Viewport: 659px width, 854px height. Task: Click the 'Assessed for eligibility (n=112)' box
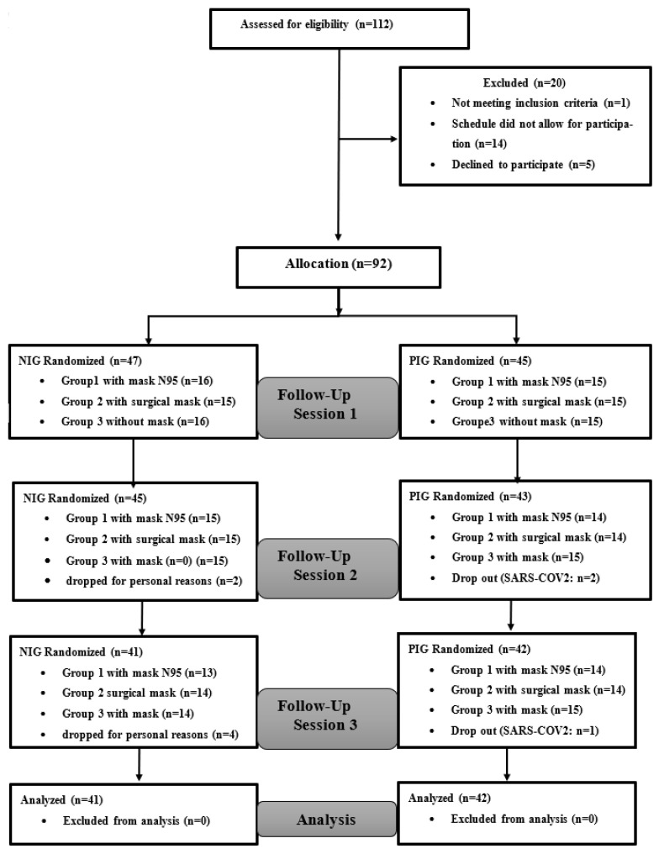[340, 29]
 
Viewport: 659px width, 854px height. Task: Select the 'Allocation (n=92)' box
[338, 267]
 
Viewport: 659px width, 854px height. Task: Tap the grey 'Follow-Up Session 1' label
[328, 408]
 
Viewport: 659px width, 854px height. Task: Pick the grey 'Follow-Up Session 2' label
[328, 568]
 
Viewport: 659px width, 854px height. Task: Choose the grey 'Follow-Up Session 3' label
[328, 719]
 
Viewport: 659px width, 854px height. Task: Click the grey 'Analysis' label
[327, 820]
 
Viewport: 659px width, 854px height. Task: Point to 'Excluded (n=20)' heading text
[524, 82]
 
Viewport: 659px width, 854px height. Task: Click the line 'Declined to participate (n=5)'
[523, 165]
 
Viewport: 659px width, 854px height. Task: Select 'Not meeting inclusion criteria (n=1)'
[540, 103]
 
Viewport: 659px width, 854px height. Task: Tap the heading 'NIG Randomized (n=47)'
[80, 361]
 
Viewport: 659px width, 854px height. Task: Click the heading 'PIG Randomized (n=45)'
[470, 361]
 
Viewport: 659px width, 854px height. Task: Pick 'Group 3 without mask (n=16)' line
[135, 422]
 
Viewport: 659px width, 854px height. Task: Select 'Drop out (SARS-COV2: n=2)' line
[525, 577]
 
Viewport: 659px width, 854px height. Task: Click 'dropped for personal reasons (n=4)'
[150, 735]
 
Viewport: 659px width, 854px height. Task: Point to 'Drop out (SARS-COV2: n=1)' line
[525, 730]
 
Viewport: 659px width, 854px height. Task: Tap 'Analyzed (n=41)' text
[61, 799]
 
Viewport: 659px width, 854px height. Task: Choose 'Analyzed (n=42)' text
[450, 798]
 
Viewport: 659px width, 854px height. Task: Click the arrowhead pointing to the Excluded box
[394, 139]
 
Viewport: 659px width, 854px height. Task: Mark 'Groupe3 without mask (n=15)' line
[527, 422]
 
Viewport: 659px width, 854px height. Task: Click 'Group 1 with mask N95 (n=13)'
[140, 672]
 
